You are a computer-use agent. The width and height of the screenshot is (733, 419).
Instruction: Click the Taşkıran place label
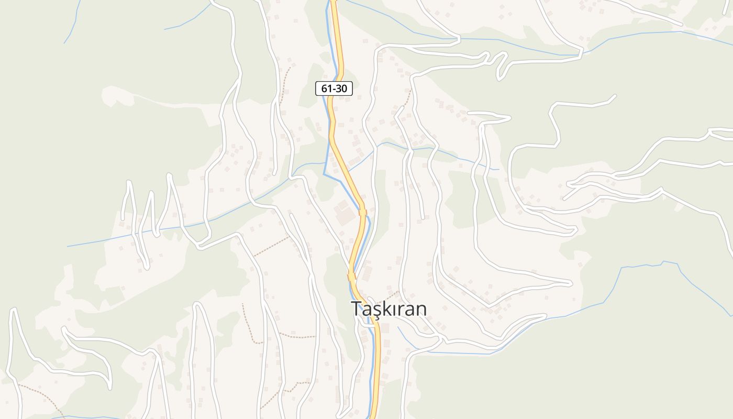click(x=388, y=308)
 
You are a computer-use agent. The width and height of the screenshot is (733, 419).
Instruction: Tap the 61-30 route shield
click(x=334, y=89)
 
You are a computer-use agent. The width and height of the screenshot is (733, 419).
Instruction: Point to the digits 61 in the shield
click(x=327, y=89)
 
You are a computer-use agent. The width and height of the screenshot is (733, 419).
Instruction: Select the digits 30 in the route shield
click(x=341, y=89)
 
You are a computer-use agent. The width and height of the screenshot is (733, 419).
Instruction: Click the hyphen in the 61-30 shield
click(x=334, y=89)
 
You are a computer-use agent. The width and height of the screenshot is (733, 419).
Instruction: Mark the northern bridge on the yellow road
click(x=362, y=212)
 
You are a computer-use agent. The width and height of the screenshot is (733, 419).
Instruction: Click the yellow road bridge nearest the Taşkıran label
click(x=351, y=277)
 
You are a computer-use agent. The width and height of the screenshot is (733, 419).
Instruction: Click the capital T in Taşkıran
click(x=357, y=308)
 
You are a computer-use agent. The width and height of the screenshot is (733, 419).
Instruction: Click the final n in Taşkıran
click(x=420, y=310)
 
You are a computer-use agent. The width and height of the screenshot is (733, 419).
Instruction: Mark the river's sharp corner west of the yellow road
click(x=325, y=174)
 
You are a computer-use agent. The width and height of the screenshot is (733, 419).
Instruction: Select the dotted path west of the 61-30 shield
click(x=284, y=84)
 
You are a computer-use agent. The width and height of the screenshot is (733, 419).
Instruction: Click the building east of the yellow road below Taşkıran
click(x=386, y=328)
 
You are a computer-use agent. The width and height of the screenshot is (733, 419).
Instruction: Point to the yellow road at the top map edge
click(x=334, y=2)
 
